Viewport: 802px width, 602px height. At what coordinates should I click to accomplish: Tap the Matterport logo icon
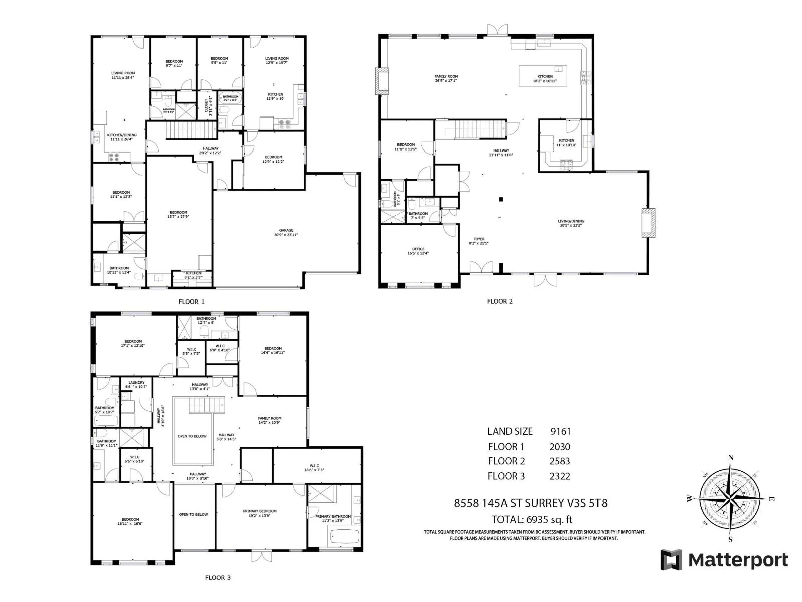point(671,560)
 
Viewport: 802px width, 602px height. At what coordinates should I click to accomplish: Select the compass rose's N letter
point(731,457)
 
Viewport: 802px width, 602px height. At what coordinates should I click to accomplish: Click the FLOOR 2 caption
point(500,302)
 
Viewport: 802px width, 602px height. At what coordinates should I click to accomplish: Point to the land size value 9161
point(560,431)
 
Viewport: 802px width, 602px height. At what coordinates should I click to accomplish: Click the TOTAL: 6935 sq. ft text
point(532,519)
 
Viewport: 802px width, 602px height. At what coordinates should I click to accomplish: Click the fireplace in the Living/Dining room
point(648,223)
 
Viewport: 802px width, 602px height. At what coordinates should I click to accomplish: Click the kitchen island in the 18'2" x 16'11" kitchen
point(543,76)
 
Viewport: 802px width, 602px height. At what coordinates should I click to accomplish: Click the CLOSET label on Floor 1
point(206,106)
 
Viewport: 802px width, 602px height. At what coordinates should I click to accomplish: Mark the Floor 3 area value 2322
point(559,476)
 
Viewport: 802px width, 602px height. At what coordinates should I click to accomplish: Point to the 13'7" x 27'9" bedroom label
point(178,214)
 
